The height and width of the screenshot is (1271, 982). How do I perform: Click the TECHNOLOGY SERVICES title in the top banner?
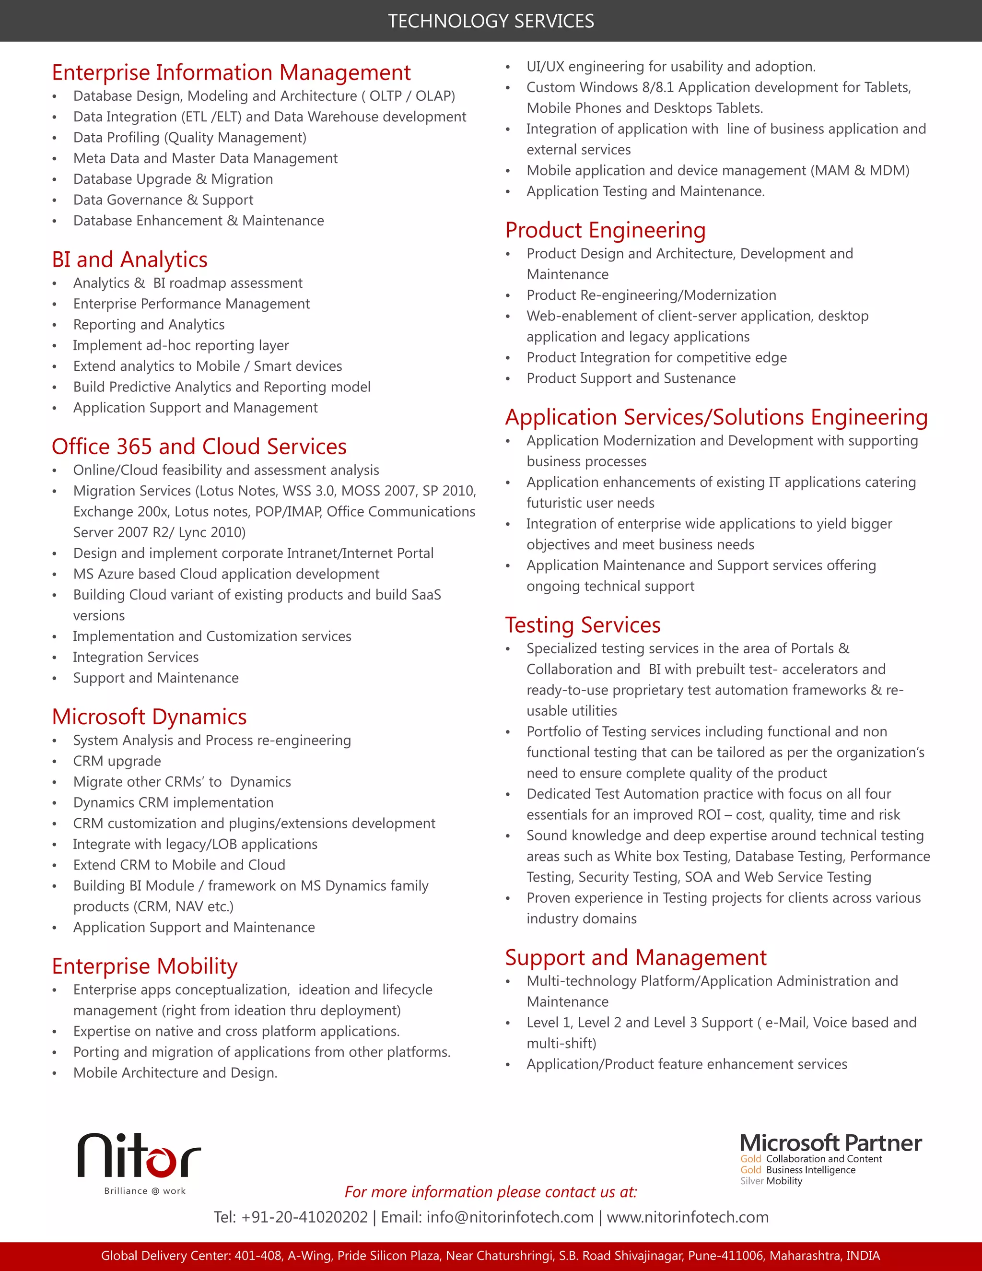tap(491, 21)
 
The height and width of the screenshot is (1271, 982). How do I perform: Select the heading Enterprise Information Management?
tap(231, 73)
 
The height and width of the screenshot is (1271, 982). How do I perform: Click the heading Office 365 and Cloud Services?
tap(199, 447)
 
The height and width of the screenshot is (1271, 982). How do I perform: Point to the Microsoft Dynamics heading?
tap(149, 717)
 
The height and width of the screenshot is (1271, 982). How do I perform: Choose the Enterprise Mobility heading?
tap(144, 966)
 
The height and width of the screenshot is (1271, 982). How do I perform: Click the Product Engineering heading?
tap(605, 230)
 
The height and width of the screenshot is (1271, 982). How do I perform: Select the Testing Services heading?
tap(582, 625)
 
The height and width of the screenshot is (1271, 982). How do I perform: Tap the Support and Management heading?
tap(635, 958)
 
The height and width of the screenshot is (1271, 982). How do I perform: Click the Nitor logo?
tap(140, 1156)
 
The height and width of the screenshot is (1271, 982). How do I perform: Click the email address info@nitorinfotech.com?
tap(510, 1217)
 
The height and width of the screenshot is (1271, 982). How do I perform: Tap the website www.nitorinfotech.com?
tap(688, 1217)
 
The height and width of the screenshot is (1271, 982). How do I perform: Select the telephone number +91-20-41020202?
tap(304, 1217)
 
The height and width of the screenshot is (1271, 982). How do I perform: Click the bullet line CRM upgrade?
tap(117, 761)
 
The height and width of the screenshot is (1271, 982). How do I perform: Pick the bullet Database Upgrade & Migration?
tap(173, 179)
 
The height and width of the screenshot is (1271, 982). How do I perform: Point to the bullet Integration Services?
tap(136, 657)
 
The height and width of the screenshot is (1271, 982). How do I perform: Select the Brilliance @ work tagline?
tap(145, 1191)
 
